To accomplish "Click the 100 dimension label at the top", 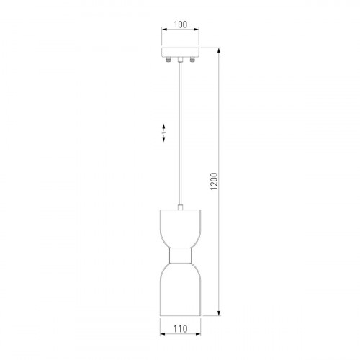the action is tap(180, 24).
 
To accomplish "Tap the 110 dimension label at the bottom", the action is tap(180, 328).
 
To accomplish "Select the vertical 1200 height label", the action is tap(214, 181).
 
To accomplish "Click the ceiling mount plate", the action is tap(180, 53).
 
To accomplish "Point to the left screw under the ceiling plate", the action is tap(168, 59).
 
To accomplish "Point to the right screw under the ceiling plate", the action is tap(192, 59).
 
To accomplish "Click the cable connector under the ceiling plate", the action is tap(180, 60).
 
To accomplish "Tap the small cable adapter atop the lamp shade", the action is tap(180, 207).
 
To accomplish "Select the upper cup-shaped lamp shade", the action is tap(181, 229).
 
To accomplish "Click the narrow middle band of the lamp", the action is tap(181, 256).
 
